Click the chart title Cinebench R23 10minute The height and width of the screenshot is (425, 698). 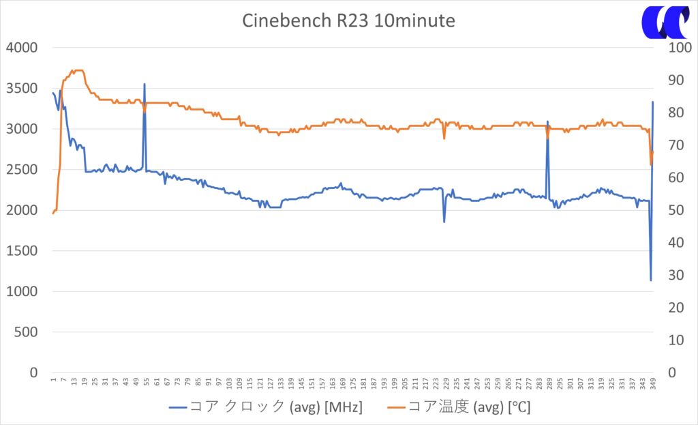click(x=348, y=20)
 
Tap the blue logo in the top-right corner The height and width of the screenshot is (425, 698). click(x=665, y=23)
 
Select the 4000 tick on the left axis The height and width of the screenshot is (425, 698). click(x=22, y=48)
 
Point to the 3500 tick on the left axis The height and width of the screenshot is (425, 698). click(x=22, y=89)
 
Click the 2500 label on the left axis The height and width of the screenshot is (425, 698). click(x=22, y=170)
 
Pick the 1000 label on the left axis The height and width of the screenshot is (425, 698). click(x=22, y=292)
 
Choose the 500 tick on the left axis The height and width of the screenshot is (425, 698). click(x=26, y=333)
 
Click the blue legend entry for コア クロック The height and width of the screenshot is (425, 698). click(x=266, y=407)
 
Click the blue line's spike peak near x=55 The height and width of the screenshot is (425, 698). click(x=145, y=85)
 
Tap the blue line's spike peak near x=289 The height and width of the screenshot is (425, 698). click(x=547, y=121)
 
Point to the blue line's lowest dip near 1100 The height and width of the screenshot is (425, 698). click(x=651, y=280)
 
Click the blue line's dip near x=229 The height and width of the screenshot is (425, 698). click(x=444, y=222)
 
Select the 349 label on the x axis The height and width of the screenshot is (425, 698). click(x=652, y=385)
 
